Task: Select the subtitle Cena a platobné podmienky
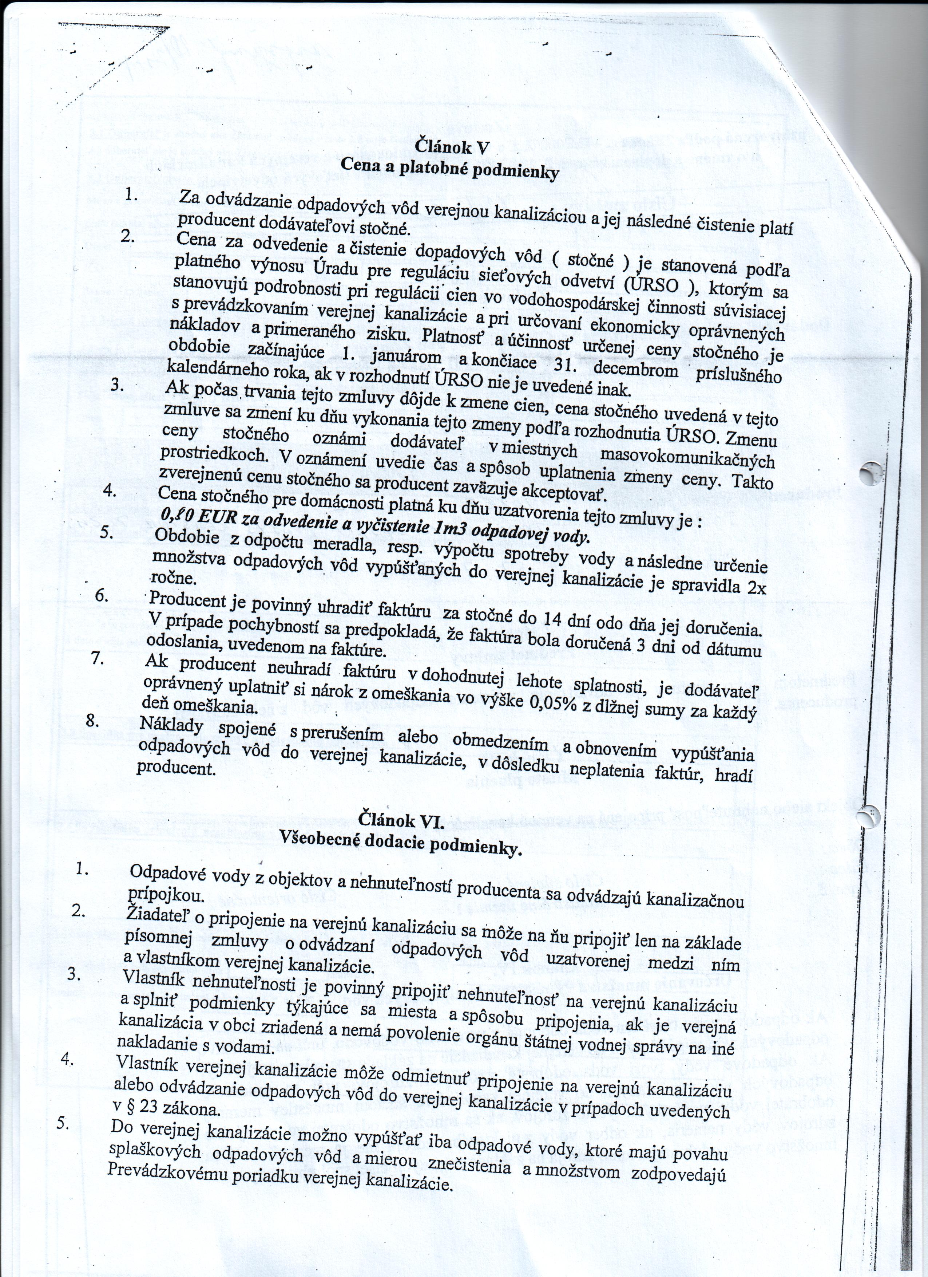pos(450,168)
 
